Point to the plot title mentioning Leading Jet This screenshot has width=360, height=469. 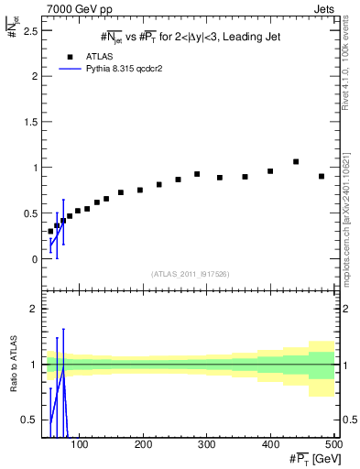191,37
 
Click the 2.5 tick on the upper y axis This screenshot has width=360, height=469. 32,30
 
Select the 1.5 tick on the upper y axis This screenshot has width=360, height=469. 32,122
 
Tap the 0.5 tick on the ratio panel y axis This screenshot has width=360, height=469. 32,420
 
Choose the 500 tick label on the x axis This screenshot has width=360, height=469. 333,443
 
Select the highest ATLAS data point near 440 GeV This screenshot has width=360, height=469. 296,162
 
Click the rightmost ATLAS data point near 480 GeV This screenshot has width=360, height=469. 322,176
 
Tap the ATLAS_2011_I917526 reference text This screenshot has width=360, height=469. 191,274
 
